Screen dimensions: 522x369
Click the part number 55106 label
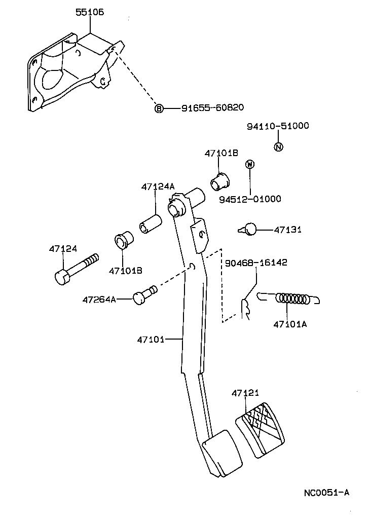(x=90, y=12)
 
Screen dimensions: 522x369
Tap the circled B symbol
(x=159, y=108)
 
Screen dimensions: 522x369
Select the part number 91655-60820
(x=213, y=107)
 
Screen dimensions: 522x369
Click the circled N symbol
(x=278, y=147)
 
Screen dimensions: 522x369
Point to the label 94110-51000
(x=278, y=126)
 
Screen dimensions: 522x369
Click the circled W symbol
(x=249, y=164)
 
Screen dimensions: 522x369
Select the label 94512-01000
(x=250, y=199)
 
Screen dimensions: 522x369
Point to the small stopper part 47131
(x=248, y=230)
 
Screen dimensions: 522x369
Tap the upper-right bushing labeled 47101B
(x=219, y=180)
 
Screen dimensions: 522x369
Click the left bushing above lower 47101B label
(x=123, y=240)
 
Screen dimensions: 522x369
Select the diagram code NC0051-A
(x=326, y=492)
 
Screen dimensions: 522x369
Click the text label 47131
(x=287, y=230)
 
